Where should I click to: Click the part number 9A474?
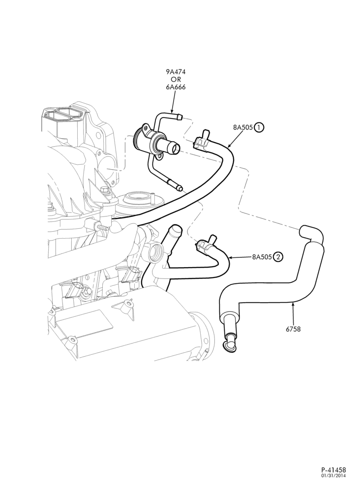(176, 71)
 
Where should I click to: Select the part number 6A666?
(176, 87)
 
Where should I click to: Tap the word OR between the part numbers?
(176, 79)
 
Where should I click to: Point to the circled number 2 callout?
(278, 257)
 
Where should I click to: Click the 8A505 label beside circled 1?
(243, 127)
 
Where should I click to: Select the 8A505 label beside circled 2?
(262, 257)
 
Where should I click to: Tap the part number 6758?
(293, 329)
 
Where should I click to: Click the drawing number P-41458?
(333, 479)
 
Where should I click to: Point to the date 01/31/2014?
(333, 485)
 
